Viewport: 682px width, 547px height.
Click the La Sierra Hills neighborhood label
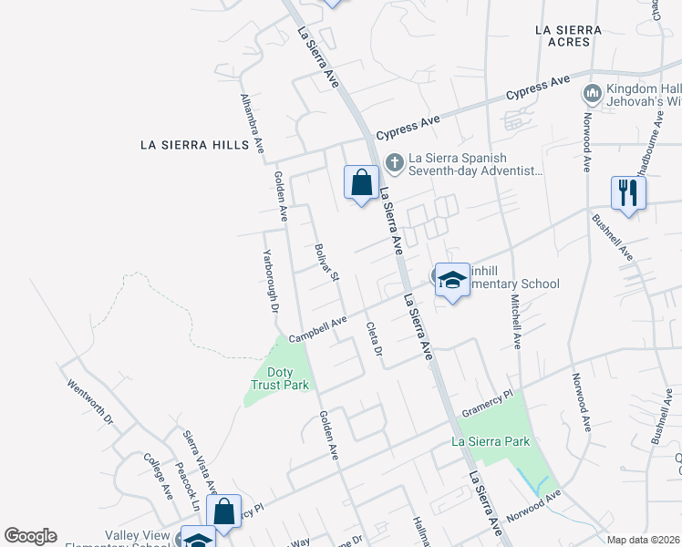click(194, 145)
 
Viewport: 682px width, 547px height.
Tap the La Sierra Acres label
click(569, 36)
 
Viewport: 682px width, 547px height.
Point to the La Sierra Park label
click(491, 442)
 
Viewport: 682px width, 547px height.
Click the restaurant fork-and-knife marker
click(628, 193)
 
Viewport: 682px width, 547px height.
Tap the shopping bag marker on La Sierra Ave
click(361, 181)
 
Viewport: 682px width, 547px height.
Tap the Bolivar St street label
click(326, 263)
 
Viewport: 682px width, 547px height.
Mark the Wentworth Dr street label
click(89, 402)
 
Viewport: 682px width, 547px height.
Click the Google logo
click(30, 536)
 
